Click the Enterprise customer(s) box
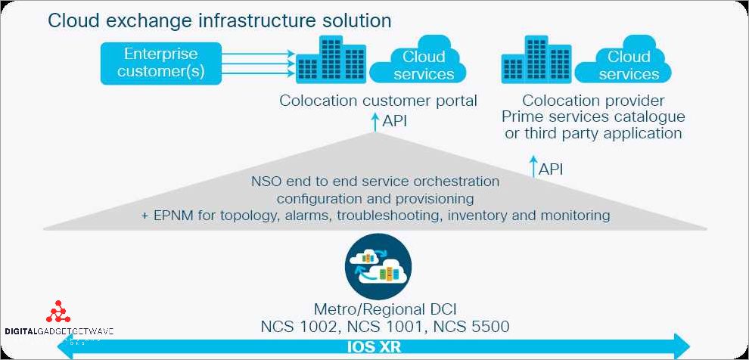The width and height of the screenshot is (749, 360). pyautogui.click(x=160, y=64)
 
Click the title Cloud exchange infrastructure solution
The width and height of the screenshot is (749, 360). pyautogui.click(x=219, y=20)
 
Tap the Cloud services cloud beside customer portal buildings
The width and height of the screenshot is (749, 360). pyautogui.click(x=424, y=65)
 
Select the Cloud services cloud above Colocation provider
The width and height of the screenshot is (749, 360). pyautogui.click(x=629, y=65)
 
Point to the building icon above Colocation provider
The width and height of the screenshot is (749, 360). pyautogui.click(x=535, y=61)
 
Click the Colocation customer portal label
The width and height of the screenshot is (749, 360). pyautogui.click(x=378, y=101)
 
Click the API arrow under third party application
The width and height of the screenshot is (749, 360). pyautogui.click(x=533, y=167)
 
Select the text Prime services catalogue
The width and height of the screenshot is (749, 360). pyautogui.click(x=593, y=117)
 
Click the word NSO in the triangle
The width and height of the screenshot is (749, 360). pyautogui.click(x=266, y=182)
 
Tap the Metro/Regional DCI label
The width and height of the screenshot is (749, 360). pyautogui.click(x=384, y=310)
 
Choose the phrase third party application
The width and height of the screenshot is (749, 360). pyautogui.click(x=593, y=134)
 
